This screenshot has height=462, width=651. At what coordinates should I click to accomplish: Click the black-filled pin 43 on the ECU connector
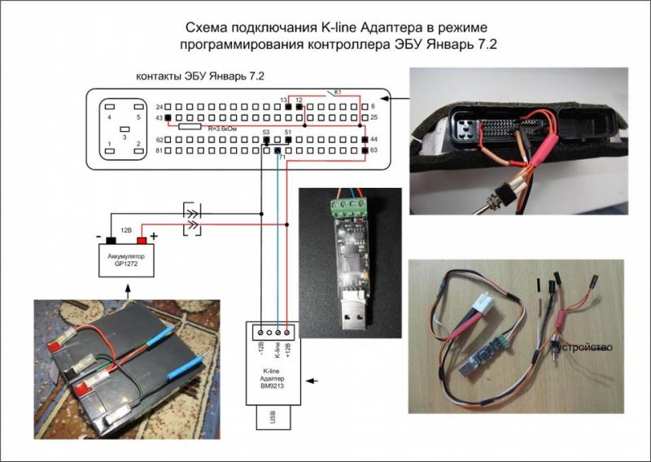click(x=168, y=119)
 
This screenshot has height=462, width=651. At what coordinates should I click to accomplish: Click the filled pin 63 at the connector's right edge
click(x=364, y=150)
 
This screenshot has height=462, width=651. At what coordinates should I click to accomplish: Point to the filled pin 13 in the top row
click(x=287, y=107)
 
